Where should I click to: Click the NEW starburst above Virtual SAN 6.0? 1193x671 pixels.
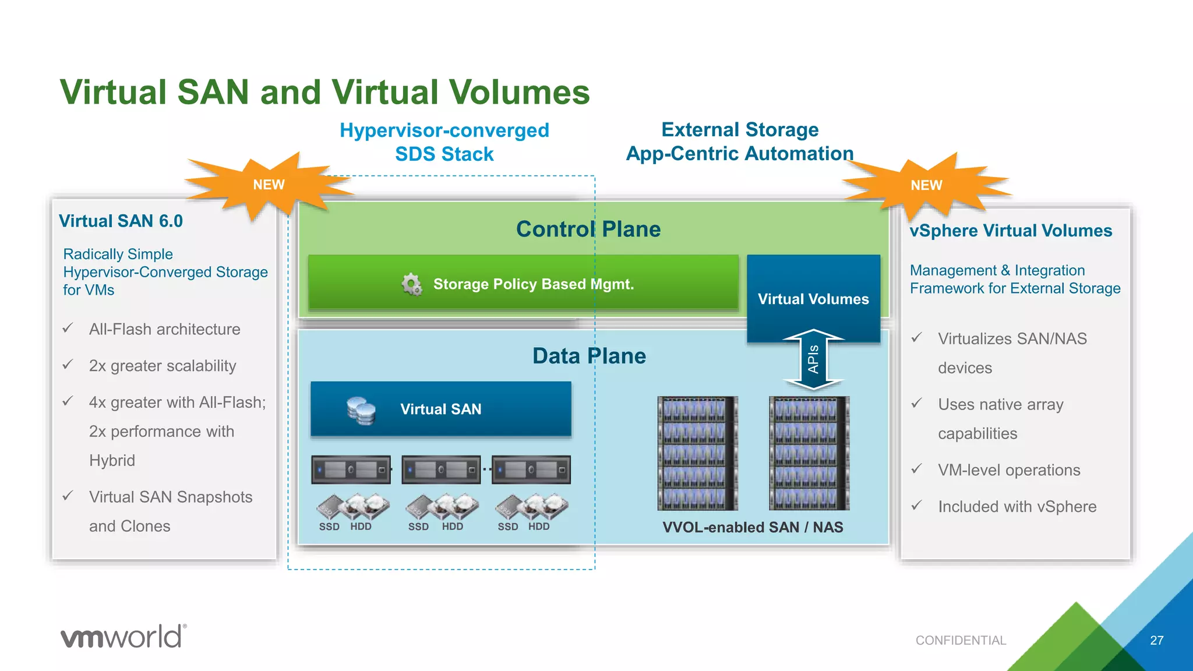(x=268, y=185)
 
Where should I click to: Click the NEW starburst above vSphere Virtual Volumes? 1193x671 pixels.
(x=926, y=185)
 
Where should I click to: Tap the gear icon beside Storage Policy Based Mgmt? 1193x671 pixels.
(x=412, y=284)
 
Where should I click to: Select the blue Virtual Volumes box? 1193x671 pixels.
(x=813, y=298)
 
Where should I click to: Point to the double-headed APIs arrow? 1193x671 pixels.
(x=813, y=359)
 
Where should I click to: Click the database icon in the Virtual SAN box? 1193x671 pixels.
(x=361, y=411)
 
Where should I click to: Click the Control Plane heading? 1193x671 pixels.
(x=588, y=229)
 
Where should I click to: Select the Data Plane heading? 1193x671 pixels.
(x=589, y=356)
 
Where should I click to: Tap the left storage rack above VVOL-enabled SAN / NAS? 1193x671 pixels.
(x=697, y=453)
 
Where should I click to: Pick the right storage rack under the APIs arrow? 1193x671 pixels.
(x=809, y=453)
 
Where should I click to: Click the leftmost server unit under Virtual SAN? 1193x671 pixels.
(x=351, y=469)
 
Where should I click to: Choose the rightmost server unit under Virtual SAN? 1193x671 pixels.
(x=531, y=469)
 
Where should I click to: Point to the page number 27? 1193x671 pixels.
(x=1156, y=640)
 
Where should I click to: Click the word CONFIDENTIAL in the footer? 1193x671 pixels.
(x=961, y=640)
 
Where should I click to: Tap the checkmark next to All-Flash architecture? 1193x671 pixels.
(x=68, y=329)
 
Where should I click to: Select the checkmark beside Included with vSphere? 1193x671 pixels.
(x=917, y=506)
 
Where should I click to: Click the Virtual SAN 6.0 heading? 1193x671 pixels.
(x=121, y=221)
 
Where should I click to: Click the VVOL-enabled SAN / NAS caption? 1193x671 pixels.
(x=753, y=527)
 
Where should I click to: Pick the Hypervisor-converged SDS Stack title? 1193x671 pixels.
(x=444, y=142)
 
